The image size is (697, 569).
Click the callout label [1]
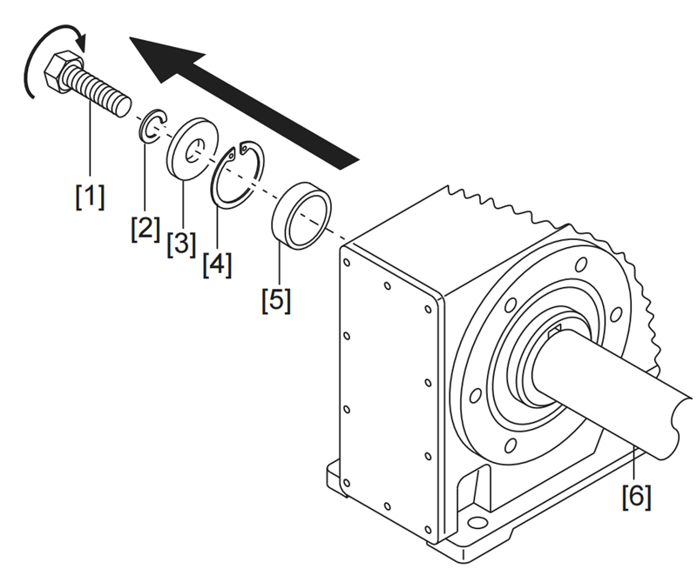pos(89,196)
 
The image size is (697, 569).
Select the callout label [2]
pos(145,230)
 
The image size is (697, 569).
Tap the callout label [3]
pos(181,242)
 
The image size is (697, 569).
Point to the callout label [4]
pos(217,264)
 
